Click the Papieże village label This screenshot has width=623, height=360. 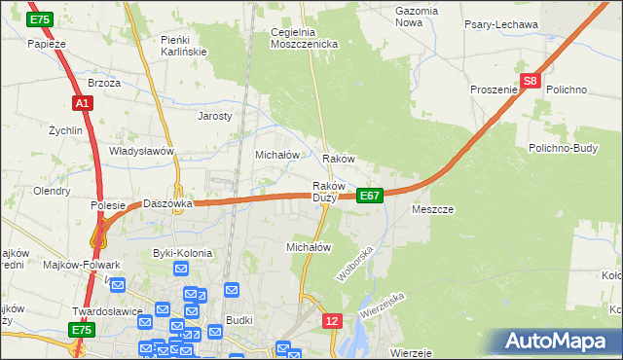(46, 44)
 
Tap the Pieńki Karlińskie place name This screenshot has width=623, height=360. (181, 45)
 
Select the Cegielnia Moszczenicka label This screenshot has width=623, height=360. (304, 38)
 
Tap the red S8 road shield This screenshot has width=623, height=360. (530, 83)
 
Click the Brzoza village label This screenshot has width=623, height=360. (104, 83)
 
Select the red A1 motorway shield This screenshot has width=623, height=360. (82, 102)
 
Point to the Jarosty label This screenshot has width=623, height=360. (215, 115)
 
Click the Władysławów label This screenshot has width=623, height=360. (141, 151)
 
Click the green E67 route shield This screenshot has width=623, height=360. (369, 196)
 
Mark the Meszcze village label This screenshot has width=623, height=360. (433, 209)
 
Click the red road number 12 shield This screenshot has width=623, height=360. (333, 321)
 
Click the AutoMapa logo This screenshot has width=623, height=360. (556, 342)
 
